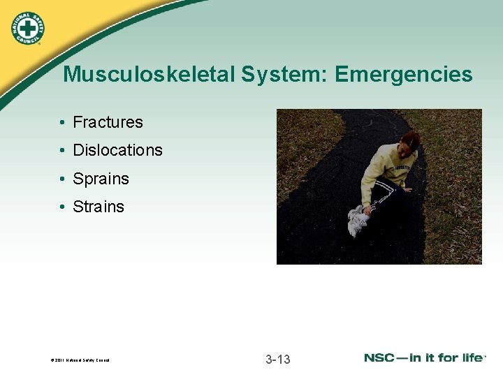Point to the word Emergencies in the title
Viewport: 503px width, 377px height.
click(403, 75)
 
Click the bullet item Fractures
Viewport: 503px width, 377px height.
click(108, 122)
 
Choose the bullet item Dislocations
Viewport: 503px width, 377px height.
click(117, 150)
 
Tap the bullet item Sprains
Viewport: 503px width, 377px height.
click(101, 179)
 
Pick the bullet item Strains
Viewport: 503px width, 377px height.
click(99, 207)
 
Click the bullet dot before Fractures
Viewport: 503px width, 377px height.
click(63, 123)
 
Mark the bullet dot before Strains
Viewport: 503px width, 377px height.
click(63, 207)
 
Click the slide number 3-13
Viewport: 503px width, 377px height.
click(277, 360)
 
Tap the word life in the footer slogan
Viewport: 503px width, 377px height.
click(469, 358)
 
